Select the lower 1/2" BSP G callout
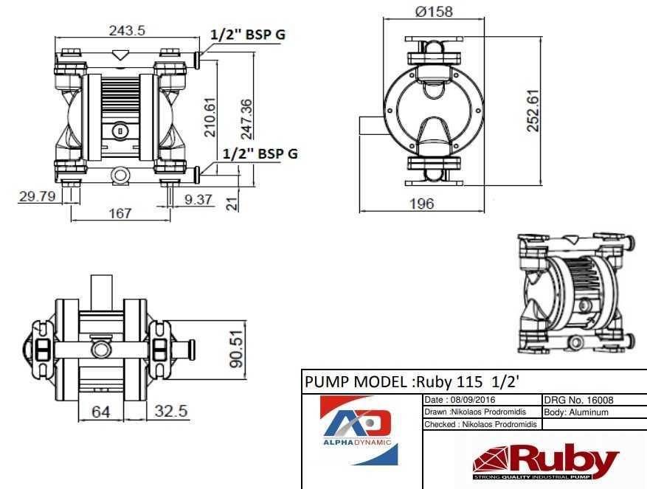[x=260, y=153]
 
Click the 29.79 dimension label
[x=38, y=196]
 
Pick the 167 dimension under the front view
[x=120, y=213]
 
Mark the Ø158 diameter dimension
[x=434, y=11]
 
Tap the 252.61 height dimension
[x=533, y=110]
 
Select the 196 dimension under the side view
[x=422, y=204]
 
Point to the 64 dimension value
[x=101, y=411]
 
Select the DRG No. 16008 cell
[x=578, y=400]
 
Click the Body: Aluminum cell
[x=576, y=412]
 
